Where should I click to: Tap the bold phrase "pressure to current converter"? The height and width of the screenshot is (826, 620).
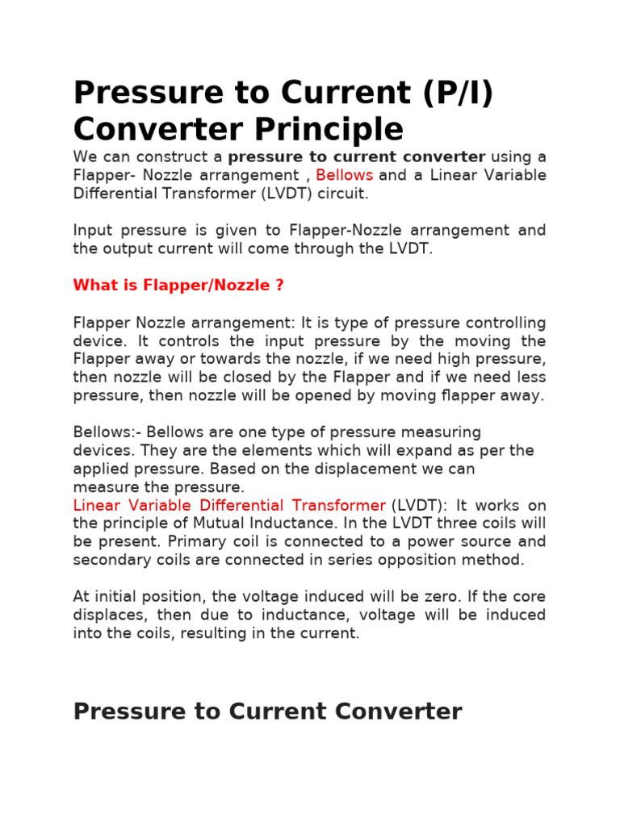tap(357, 156)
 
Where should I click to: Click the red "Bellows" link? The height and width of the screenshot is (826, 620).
tap(345, 175)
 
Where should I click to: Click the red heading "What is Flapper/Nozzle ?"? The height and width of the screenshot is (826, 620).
tap(178, 286)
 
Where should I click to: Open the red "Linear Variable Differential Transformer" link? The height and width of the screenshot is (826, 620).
tap(229, 505)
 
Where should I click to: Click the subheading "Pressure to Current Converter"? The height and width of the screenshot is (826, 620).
tap(267, 711)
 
